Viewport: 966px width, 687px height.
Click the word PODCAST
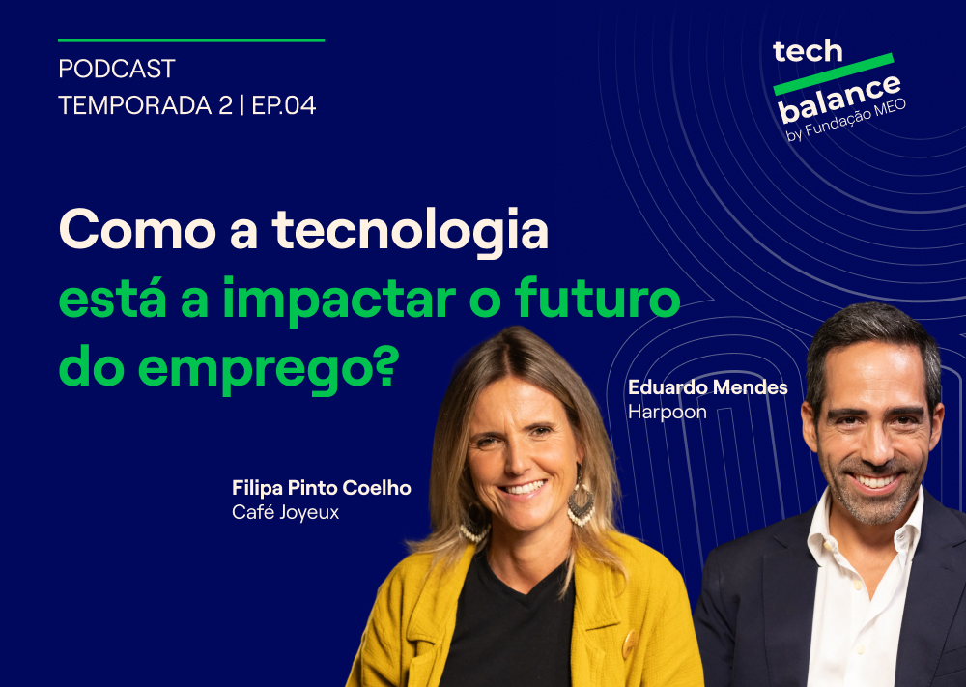tap(116, 70)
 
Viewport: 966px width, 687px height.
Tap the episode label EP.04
tap(284, 105)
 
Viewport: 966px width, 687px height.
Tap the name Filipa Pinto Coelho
tap(321, 488)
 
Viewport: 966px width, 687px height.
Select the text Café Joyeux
tap(285, 512)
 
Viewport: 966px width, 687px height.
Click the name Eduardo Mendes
tap(707, 387)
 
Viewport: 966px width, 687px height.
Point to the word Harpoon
tap(667, 412)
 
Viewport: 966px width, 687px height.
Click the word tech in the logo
tap(808, 52)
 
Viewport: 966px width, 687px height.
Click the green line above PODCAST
tap(191, 40)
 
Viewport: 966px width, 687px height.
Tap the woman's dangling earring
tap(581, 503)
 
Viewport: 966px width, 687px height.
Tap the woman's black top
tap(507, 618)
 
